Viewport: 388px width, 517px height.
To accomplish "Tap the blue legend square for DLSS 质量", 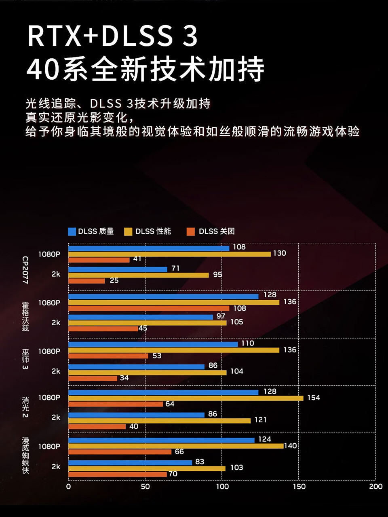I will tap(72, 231).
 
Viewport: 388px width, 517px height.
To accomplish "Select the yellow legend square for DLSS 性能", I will tap(128, 231).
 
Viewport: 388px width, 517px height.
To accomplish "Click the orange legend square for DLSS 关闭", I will tap(190, 231).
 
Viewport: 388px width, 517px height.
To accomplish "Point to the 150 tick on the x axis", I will tap(299, 487).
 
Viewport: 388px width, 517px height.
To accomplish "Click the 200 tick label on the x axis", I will tap(375, 487).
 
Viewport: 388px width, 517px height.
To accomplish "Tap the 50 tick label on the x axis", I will tap(145, 487).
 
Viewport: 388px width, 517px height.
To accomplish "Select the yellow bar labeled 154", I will tap(186, 398).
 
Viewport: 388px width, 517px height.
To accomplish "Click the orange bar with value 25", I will tap(86, 281).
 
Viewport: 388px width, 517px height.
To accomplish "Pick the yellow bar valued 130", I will tap(169, 254).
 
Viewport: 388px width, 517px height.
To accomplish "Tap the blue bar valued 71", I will tap(118, 269).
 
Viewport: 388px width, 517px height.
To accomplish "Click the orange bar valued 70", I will tap(117, 474).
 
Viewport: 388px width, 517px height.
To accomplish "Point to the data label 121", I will tap(260, 420).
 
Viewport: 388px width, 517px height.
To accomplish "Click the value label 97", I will tap(221, 316).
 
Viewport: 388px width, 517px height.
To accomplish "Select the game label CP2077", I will tap(25, 269).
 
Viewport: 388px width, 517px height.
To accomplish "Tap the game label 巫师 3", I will tap(25, 359).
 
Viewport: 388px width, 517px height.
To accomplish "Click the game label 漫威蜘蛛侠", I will tap(25, 455).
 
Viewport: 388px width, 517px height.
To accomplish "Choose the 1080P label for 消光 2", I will tap(49, 398).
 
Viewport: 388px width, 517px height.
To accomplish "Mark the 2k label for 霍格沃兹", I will tap(56, 323).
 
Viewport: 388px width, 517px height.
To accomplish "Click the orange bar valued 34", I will tap(93, 378).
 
